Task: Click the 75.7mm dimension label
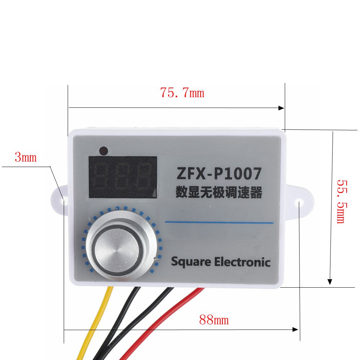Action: click(x=182, y=93)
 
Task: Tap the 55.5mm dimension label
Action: click(x=341, y=201)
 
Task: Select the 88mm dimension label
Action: click(x=214, y=320)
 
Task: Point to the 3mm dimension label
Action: click(x=26, y=157)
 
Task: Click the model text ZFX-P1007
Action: click(x=219, y=174)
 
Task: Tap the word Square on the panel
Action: click(x=191, y=262)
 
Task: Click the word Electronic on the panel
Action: click(x=242, y=262)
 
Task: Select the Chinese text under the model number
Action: click(x=219, y=192)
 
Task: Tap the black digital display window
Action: click(x=123, y=177)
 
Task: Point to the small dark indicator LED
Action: click(x=103, y=150)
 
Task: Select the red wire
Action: click(x=158, y=324)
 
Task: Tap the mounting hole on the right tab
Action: click(x=300, y=204)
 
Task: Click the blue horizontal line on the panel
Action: click(x=219, y=222)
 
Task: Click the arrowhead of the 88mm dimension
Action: click(x=296, y=329)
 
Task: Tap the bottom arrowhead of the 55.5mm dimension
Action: click(x=329, y=282)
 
